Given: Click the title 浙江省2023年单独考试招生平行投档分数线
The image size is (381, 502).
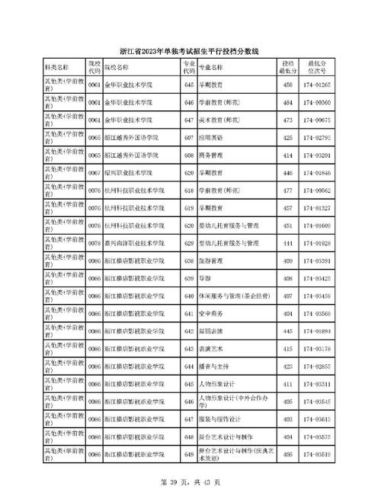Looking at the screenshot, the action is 190,51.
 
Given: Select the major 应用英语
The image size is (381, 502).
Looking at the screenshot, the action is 212,137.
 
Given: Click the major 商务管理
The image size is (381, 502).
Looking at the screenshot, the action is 212,155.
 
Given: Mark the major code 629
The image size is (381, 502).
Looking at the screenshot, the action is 189,243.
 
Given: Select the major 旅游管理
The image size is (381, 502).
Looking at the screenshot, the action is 212,261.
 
